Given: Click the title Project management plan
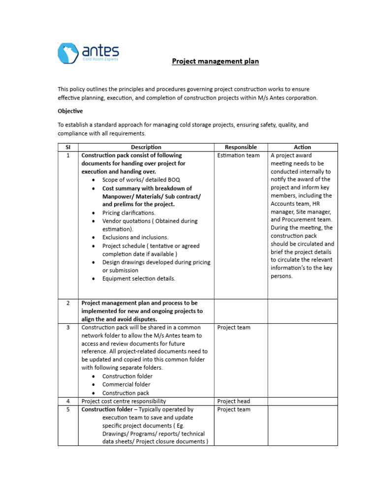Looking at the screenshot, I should click(x=215, y=62).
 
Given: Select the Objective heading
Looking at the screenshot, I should click(x=70, y=111).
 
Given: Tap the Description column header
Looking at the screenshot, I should click(x=146, y=147).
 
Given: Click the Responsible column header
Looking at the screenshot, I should click(x=241, y=147).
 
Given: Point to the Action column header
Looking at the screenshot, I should click(x=302, y=147).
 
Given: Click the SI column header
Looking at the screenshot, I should click(x=68, y=147).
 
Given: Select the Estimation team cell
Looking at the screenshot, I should click(x=238, y=156).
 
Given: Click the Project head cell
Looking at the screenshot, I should click(x=233, y=401).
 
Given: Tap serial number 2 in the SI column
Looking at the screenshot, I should click(x=68, y=303).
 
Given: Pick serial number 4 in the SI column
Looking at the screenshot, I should click(x=68, y=401).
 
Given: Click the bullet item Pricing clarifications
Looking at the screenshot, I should click(x=128, y=213).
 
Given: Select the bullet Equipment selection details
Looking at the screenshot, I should click(x=138, y=279).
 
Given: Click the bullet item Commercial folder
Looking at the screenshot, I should click(x=126, y=384).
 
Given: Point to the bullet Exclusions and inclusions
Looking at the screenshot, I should click(x=135, y=237).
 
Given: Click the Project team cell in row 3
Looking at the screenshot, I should click(x=233, y=327).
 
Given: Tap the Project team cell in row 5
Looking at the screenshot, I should click(x=233, y=409).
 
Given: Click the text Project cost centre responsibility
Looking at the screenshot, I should click(x=124, y=401).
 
